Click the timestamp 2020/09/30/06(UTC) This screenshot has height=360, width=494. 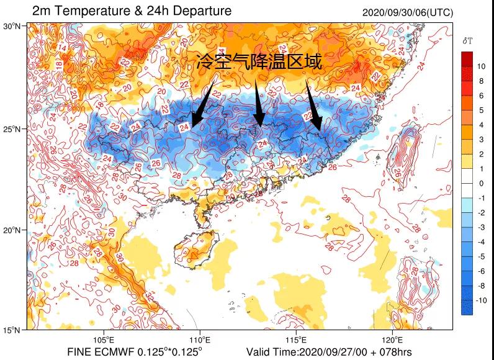tap(407, 13)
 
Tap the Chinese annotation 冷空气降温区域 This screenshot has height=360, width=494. tap(259, 61)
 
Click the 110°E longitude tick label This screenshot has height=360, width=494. tap(200, 340)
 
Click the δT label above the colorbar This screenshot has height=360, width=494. tap(467, 41)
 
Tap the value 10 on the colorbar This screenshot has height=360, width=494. tap(481, 66)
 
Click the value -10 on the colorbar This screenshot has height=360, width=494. tap(481, 300)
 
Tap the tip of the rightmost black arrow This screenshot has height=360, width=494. tap(320, 130)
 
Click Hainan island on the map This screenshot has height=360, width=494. tap(199, 245)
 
